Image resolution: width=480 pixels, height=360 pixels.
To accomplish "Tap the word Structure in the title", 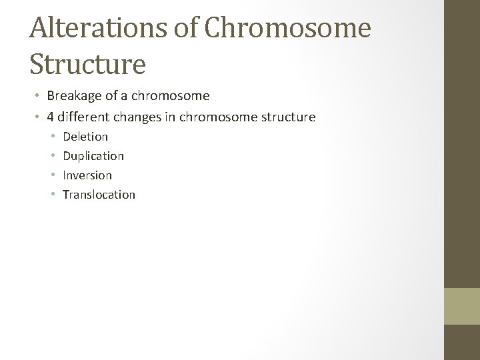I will tap(87, 64).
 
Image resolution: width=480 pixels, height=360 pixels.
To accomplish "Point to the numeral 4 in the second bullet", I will tap(51, 117).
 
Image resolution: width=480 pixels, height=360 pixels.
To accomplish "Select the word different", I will tap(83, 117).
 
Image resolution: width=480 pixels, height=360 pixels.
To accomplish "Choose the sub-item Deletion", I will tap(85, 137).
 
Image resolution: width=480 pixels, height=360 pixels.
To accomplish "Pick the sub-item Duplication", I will tap(93, 156).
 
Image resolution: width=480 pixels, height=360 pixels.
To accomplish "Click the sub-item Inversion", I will tap(87, 175).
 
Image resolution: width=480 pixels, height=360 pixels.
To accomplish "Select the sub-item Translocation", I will tap(99, 195).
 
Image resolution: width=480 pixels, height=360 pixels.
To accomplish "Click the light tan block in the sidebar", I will tap(462, 305).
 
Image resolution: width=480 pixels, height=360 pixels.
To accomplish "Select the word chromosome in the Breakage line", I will tap(177, 96).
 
